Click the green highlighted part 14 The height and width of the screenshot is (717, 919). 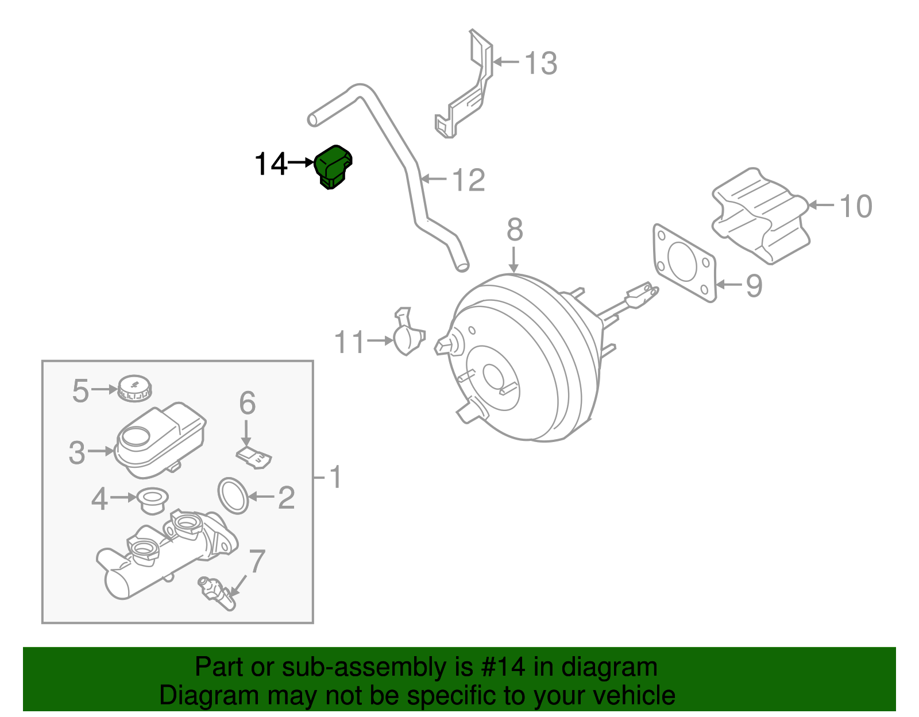point(333,166)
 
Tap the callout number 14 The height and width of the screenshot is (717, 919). point(270,164)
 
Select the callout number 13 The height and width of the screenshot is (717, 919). point(540,63)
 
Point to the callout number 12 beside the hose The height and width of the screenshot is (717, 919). point(469,180)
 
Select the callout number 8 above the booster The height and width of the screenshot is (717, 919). point(514,230)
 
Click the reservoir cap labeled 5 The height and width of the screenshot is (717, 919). point(134,389)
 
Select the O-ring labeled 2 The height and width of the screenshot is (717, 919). point(233,495)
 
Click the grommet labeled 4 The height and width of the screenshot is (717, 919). point(153,500)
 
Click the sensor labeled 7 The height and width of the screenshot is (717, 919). point(217,594)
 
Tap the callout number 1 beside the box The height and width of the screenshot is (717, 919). point(335,478)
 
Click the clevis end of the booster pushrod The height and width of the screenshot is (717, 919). point(641,294)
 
